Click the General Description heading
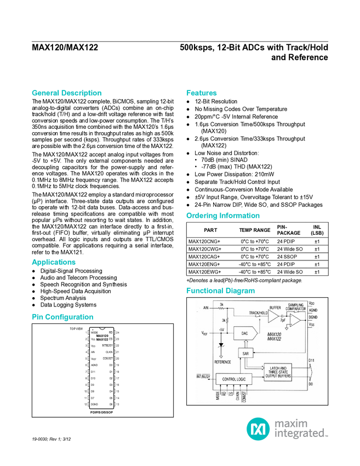(67, 93)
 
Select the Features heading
(202, 93)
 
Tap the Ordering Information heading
(222, 215)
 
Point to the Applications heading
(54, 262)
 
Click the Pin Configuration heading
(63, 317)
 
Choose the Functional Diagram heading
(220, 290)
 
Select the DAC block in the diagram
(244, 333)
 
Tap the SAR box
(245, 354)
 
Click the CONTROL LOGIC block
(233, 379)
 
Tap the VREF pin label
(204, 333)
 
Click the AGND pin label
(312, 310)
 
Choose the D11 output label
(311, 360)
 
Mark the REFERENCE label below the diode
(222, 361)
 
